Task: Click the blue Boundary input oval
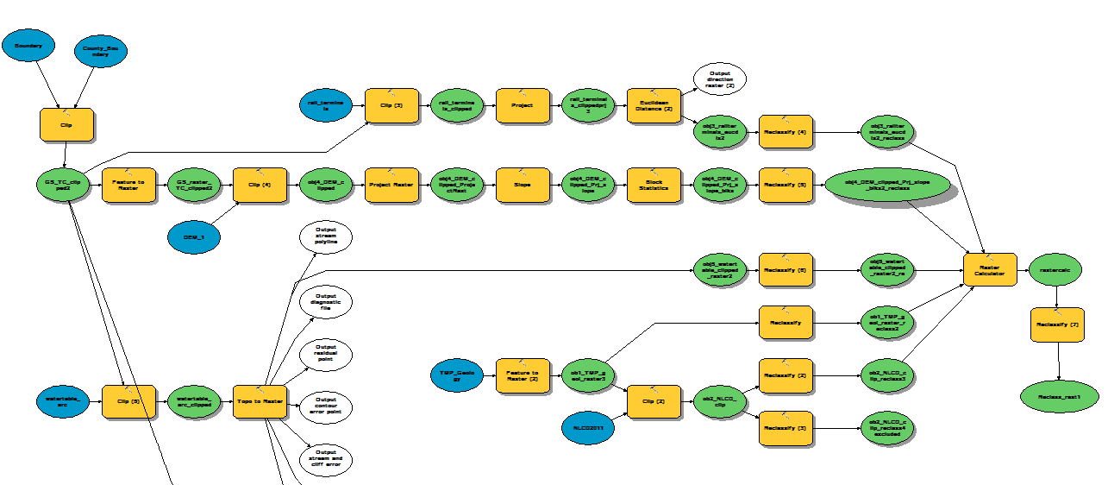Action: (28, 46)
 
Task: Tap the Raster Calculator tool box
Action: (990, 270)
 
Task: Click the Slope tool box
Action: (523, 185)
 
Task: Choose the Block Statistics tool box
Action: (654, 185)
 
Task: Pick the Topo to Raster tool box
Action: (260, 401)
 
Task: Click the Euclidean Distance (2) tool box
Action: (654, 105)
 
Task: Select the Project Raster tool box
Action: (391, 185)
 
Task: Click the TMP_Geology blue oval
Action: (456, 375)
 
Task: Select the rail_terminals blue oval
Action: (326, 105)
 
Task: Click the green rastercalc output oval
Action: (1055, 270)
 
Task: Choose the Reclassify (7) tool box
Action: (1057, 324)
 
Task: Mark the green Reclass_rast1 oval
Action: (1058, 395)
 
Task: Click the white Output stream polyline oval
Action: (326, 237)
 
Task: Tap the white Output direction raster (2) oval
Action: (719, 79)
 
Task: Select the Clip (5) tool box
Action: (128, 401)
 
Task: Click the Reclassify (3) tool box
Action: (786, 428)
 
